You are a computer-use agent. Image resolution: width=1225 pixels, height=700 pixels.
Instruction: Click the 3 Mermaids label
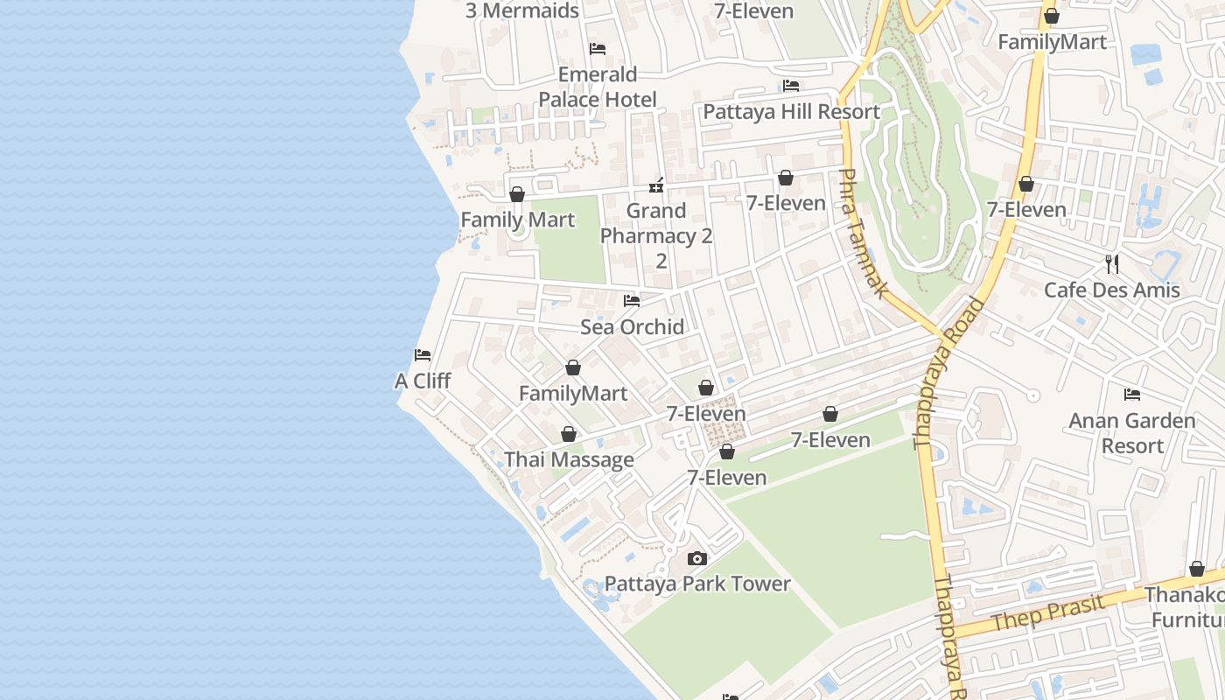point(521,10)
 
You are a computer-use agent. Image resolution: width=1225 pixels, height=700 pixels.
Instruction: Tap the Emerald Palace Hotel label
point(598,87)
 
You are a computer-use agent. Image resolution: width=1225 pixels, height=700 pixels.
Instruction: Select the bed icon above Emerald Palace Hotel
point(598,48)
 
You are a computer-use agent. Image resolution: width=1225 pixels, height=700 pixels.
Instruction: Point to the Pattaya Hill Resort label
point(792,112)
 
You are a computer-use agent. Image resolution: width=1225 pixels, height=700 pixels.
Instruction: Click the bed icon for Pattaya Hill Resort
point(791,86)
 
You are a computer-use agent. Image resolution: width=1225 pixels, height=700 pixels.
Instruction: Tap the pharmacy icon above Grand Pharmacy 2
point(656,185)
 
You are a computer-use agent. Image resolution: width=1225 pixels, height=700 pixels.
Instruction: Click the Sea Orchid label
point(632,327)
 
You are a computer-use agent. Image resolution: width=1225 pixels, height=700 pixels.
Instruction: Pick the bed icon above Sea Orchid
point(632,301)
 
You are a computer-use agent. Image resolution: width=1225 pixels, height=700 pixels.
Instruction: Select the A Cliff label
point(423,381)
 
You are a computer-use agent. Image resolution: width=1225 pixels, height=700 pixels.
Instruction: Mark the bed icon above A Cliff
point(423,355)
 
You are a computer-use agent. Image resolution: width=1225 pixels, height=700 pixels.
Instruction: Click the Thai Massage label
point(569,460)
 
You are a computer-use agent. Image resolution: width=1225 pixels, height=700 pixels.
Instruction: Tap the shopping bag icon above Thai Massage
point(569,434)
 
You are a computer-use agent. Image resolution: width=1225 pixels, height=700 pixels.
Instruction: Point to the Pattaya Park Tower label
point(697,584)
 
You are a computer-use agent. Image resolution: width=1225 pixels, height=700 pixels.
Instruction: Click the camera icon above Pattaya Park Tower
point(697,558)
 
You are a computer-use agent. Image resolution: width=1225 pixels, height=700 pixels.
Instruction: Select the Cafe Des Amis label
point(1111,290)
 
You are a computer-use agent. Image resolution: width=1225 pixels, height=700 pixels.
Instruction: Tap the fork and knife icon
point(1111,263)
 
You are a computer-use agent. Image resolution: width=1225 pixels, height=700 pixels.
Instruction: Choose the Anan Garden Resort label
point(1131,433)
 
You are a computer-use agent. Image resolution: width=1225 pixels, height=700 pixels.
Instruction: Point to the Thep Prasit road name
point(1042,611)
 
